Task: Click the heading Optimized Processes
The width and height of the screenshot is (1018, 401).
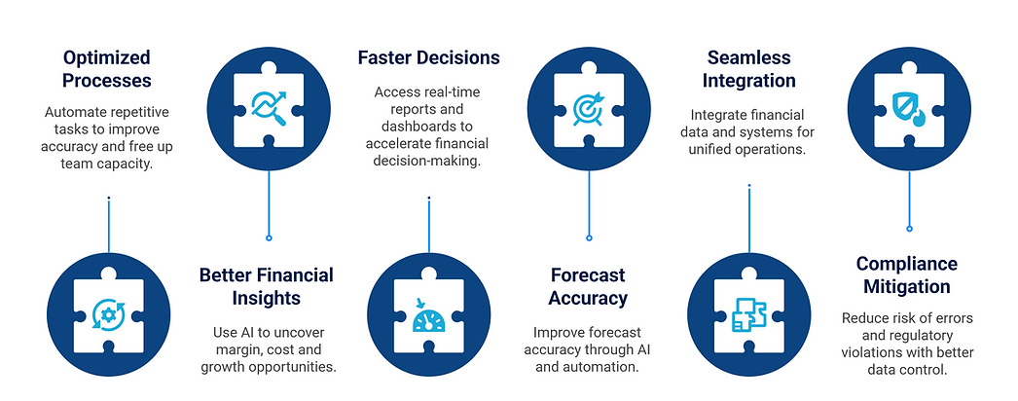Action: pyautogui.click(x=107, y=69)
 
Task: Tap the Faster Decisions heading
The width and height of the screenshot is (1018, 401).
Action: pyautogui.click(x=428, y=57)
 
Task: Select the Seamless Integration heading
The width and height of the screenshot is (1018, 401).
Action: pyautogui.click(x=749, y=69)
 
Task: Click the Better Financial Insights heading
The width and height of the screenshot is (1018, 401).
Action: pyautogui.click(x=267, y=286)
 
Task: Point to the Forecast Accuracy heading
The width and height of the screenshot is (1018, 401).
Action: pyautogui.click(x=588, y=286)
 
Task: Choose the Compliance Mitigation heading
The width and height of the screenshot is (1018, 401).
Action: pyautogui.click(x=906, y=275)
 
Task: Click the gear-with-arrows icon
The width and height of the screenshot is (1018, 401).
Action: pyautogui.click(x=107, y=314)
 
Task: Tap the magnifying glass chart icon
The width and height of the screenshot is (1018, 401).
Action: pyautogui.click(x=269, y=107)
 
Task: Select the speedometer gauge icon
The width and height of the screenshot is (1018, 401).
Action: pyautogui.click(x=428, y=315)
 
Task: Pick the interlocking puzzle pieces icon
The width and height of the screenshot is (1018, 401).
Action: pyautogui.click(x=749, y=315)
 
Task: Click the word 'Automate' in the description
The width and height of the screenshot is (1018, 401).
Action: pyautogui.click(x=68, y=111)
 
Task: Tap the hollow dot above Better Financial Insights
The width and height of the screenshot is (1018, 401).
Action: pyautogui.click(x=269, y=238)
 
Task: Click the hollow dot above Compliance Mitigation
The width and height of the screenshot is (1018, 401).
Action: pyautogui.click(x=909, y=229)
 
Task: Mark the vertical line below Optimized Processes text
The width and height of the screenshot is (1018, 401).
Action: pyautogui.click(x=108, y=225)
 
